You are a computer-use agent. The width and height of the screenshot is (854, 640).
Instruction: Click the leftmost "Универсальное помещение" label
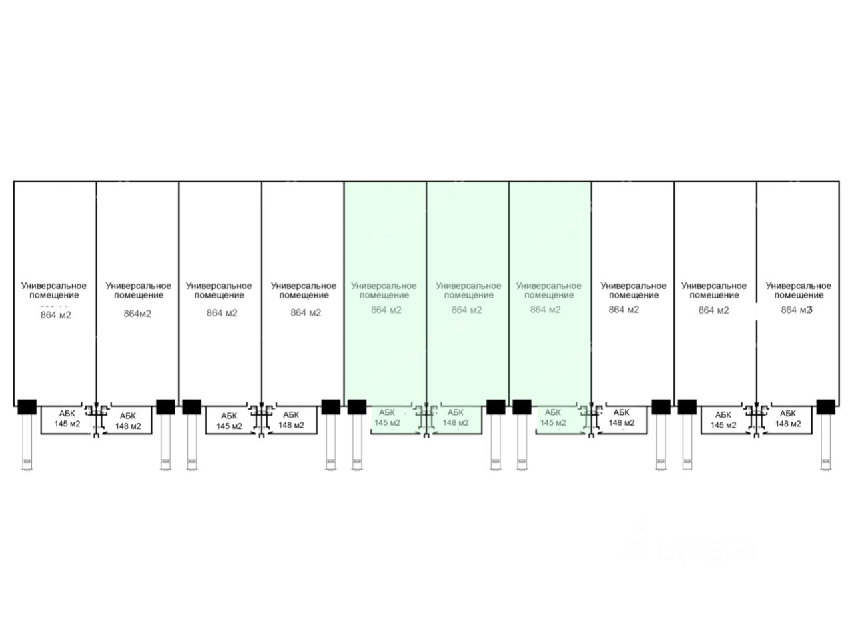(x=54, y=290)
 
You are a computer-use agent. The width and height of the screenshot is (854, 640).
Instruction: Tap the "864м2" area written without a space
(x=137, y=314)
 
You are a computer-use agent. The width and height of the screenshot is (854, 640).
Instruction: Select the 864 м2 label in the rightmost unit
(x=796, y=310)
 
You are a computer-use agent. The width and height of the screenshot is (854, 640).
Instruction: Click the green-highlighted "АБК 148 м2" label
(x=456, y=418)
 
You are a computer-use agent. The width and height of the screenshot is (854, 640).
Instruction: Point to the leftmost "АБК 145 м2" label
(x=67, y=419)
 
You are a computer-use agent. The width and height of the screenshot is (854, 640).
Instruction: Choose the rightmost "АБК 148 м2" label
(x=787, y=418)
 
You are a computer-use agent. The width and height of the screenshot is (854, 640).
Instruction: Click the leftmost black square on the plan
(x=27, y=406)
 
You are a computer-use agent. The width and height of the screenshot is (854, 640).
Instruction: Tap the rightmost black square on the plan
(x=825, y=406)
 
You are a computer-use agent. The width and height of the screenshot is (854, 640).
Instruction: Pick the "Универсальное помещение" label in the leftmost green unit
(x=384, y=290)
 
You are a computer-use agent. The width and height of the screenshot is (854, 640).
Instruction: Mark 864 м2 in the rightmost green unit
(x=546, y=310)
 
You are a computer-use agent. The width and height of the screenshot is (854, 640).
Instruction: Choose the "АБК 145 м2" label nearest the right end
(x=723, y=420)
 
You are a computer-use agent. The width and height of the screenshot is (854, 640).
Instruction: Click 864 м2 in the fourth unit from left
(x=306, y=312)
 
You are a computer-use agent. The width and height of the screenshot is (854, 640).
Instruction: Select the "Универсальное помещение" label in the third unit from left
(x=219, y=290)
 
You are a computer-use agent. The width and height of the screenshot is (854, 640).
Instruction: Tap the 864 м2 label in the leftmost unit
(x=55, y=315)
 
